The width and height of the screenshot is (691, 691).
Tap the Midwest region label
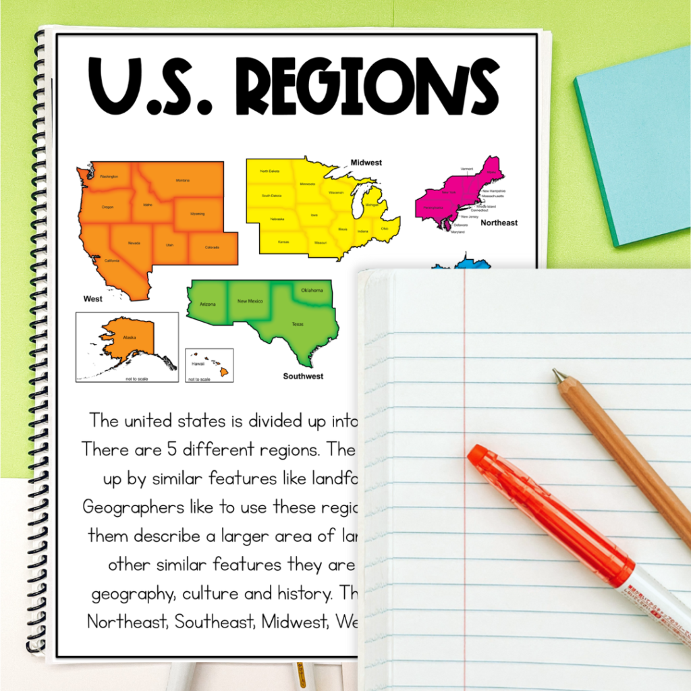[x=366, y=163]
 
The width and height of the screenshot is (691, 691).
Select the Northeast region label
[x=499, y=223]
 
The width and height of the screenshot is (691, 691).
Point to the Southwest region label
[x=303, y=376]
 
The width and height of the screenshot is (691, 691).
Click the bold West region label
[x=92, y=298]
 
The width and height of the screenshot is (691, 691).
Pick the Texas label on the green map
[x=298, y=324]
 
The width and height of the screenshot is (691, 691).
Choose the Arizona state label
[x=208, y=304]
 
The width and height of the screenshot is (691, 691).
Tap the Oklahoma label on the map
[x=312, y=291]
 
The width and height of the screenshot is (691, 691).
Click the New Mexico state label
[x=250, y=301]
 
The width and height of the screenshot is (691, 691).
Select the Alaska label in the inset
[x=129, y=337]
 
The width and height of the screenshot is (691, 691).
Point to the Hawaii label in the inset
[x=198, y=363]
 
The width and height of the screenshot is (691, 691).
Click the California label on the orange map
[x=112, y=260]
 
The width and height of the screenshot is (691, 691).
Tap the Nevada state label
[x=134, y=243]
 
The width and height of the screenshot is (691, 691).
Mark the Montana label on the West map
[x=182, y=180]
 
